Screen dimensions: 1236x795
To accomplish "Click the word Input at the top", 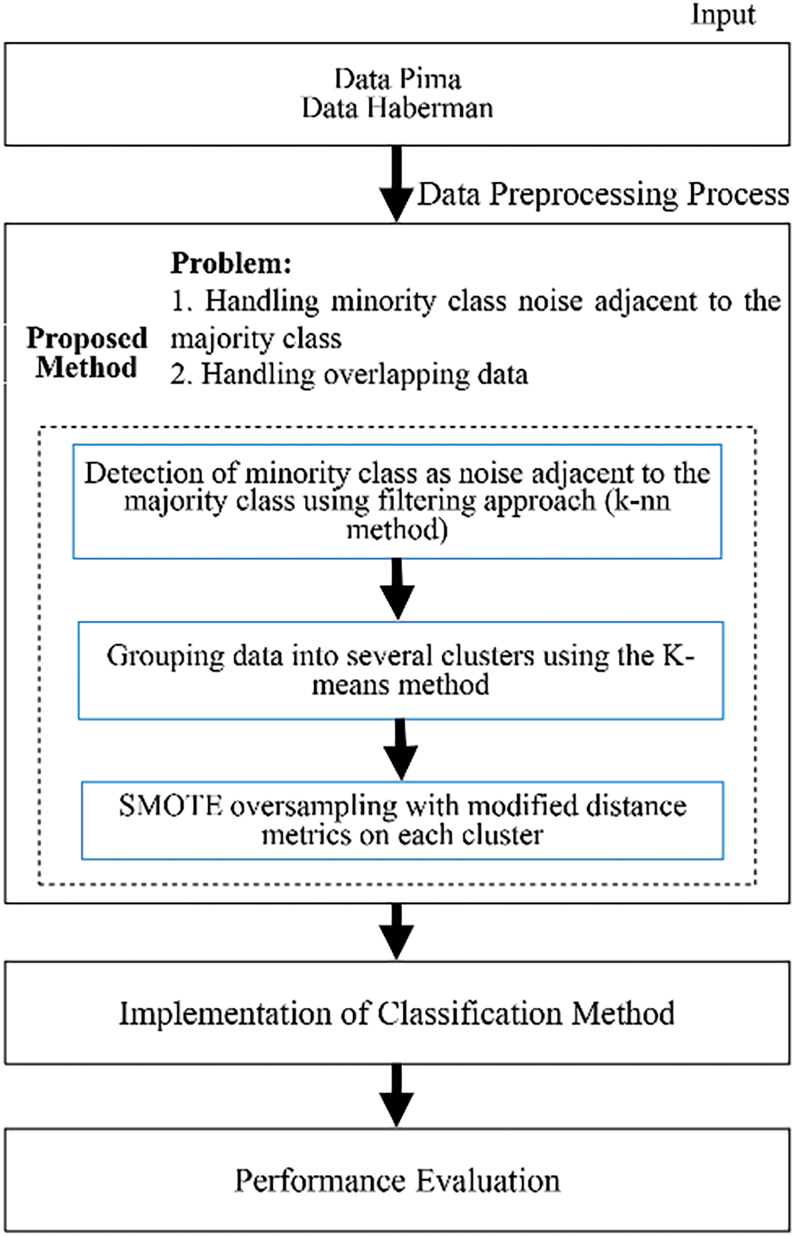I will (723, 15).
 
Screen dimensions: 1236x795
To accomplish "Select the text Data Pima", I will (397, 80).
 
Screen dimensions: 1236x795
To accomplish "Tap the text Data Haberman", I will (397, 108).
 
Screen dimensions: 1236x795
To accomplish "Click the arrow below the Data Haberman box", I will (397, 184).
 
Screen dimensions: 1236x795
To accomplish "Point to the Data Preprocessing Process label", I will (604, 195).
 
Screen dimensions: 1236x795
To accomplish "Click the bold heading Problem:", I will (231, 264).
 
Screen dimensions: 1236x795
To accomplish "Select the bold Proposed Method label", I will (87, 353).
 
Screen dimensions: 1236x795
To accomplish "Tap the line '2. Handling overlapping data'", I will (349, 374).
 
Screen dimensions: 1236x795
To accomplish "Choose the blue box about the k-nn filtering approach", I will (397, 502).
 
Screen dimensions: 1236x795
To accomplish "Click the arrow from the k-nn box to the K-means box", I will (397, 589).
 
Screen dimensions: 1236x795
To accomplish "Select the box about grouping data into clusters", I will (401, 670).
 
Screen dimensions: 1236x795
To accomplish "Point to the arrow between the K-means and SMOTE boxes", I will (400, 750).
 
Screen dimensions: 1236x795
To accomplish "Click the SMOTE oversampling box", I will (402, 820).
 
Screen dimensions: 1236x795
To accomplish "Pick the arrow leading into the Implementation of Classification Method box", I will (397, 930).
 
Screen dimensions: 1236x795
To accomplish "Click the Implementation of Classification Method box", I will (397, 1013).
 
